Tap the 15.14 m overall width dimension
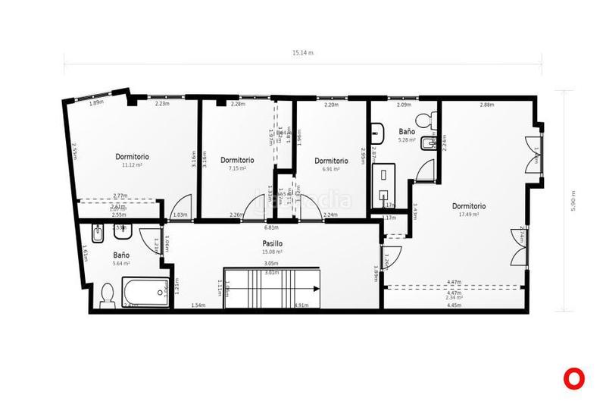coord(303,53)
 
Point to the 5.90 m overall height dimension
coord(574,200)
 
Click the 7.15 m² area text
coord(237,168)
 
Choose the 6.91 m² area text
coord(331,169)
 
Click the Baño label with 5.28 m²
coord(407,132)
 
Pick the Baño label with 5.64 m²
coord(121,255)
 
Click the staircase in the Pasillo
coord(271,288)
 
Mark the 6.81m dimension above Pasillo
coord(270,227)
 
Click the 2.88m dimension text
coord(486,105)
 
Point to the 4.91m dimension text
coord(301,305)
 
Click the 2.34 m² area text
coord(454,299)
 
